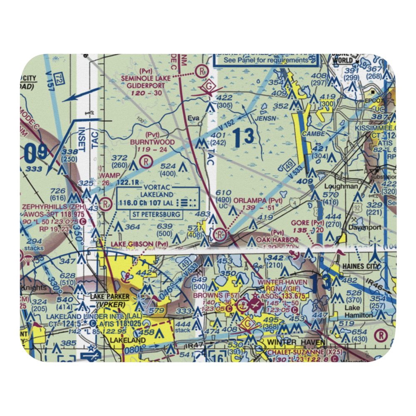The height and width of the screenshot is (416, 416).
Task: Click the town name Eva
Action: click(x=193, y=118)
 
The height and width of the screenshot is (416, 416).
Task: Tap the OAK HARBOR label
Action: click(x=280, y=240)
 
